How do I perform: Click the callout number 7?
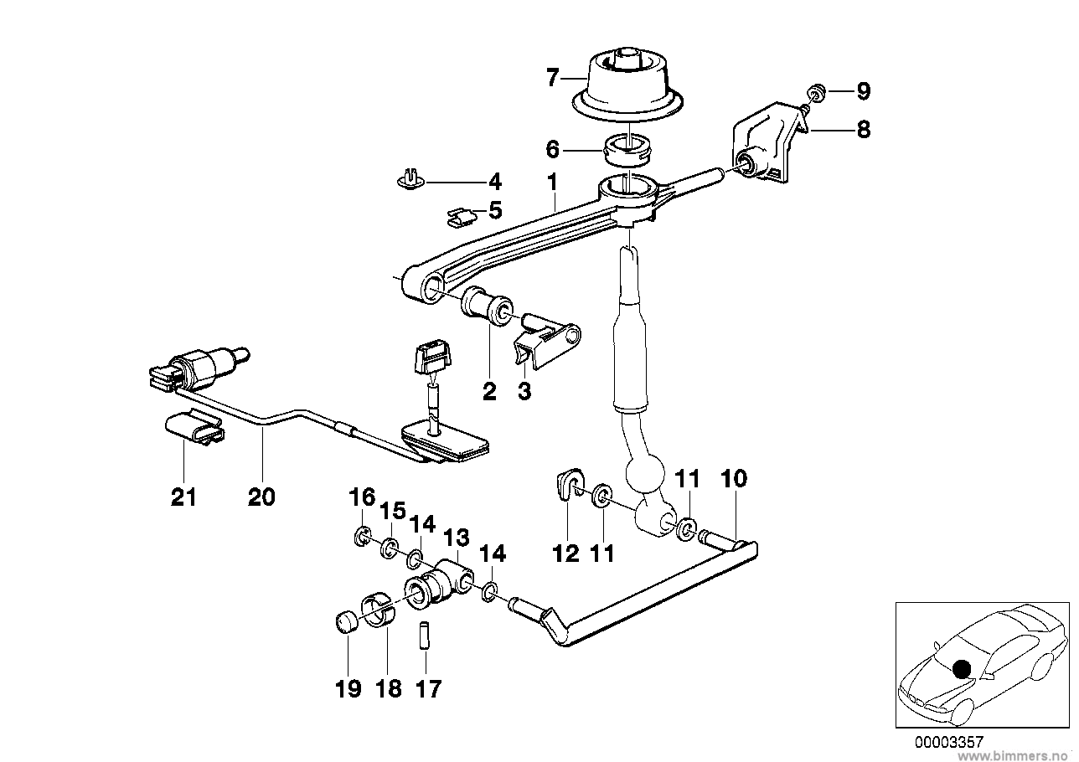(552, 79)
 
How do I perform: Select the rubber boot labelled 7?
(624, 88)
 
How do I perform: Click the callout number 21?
(183, 497)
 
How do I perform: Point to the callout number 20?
(261, 497)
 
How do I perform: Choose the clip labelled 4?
(410, 179)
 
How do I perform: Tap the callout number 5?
(495, 209)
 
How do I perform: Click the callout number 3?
(524, 391)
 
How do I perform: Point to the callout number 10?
(733, 480)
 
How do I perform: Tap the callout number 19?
(348, 689)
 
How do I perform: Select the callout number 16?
(362, 498)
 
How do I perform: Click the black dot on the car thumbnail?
(963, 667)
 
